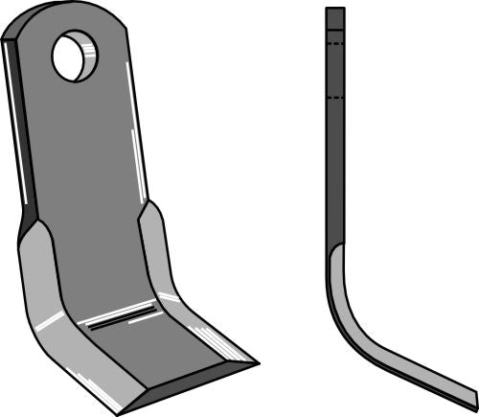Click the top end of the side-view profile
point(334,10)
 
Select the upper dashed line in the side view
point(334,42)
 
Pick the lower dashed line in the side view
point(334,97)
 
